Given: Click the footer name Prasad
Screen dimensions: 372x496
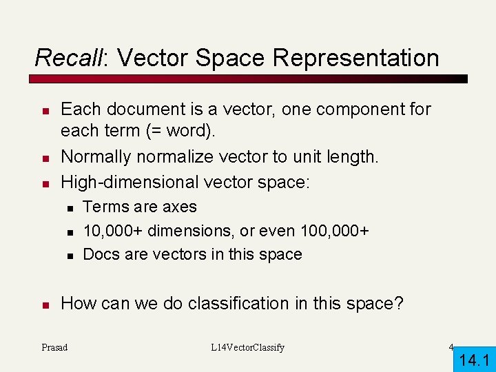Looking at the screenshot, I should click(x=54, y=347).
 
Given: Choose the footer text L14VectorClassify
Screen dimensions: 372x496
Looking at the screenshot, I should click(x=247, y=347).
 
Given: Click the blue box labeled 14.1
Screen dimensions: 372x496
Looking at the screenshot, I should click(x=474, y=360).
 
